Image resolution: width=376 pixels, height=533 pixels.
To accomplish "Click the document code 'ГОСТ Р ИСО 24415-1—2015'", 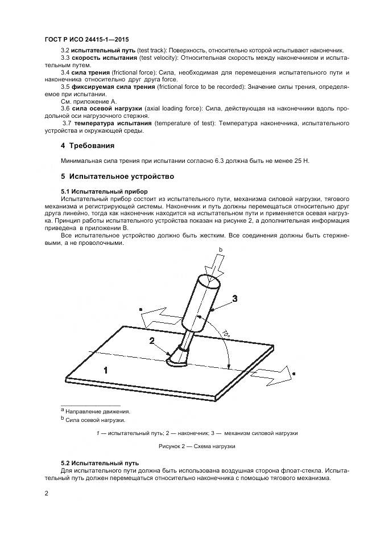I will [x=86, y=39].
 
